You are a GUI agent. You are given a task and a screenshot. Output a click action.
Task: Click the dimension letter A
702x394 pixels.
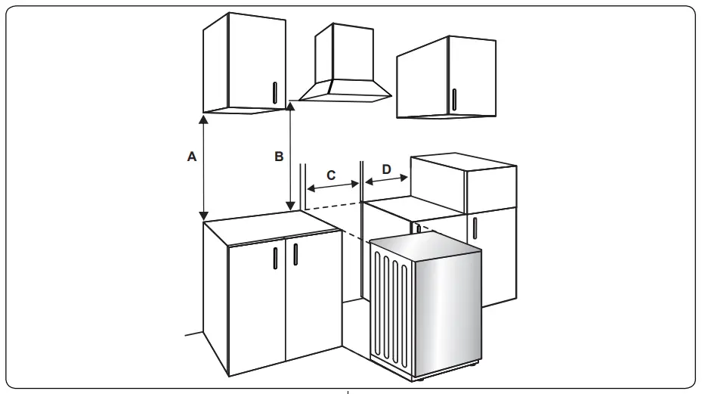click(x=192, y=157)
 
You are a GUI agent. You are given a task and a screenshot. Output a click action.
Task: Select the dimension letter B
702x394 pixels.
click(x=279, y=157)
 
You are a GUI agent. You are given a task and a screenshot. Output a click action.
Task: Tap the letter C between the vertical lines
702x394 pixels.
click(x=331, y=173)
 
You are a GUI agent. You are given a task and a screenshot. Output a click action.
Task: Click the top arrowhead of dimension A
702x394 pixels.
click(x=203, y=119)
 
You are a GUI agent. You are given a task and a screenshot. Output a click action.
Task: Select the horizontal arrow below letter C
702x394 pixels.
click(x=332, y=185)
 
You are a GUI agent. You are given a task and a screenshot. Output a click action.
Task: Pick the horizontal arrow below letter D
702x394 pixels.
click(x=387, y=180)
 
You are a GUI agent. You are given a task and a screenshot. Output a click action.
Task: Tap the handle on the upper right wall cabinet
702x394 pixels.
click(x=453, y=99)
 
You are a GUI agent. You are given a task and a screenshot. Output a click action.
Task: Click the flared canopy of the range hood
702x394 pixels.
click(x=345, y=90)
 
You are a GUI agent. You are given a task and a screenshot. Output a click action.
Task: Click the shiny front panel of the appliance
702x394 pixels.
click(x=446, y=310)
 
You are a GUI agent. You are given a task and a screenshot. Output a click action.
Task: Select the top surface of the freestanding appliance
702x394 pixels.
click(x=425, y=245)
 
